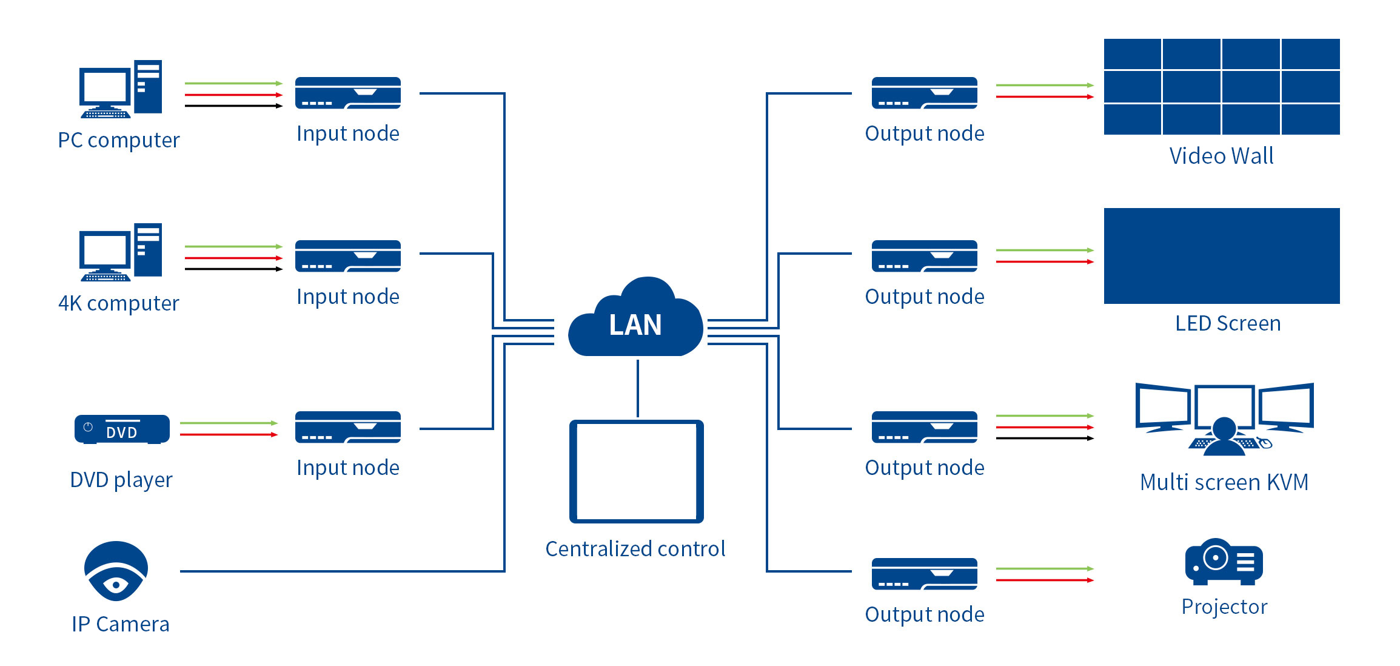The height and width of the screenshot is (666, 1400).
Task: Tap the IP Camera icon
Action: click(116, 571)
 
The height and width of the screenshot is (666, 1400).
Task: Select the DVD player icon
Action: click(122, 429)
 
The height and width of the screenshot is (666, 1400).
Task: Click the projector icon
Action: click(1224, 562)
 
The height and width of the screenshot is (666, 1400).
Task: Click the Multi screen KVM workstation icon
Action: click(1224, 419)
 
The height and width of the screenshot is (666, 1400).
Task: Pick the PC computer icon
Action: click(121, 89)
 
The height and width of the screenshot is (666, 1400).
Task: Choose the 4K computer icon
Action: click(121, 252)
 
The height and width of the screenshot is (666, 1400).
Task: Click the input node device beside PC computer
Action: click(348, 93)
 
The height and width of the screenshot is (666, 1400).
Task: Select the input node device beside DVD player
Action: click(348, 427)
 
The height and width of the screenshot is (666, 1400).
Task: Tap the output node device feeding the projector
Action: click(925, 574)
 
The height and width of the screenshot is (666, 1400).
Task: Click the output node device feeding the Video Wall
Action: click(925, 93)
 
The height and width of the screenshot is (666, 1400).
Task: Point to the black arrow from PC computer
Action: click(234, 106)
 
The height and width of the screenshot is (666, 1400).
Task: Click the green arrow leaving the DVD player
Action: click(229, 423)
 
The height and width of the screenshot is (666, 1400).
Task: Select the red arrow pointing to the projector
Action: click(1045, 580)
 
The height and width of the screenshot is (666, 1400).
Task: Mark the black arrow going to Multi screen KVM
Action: click(1045, 439)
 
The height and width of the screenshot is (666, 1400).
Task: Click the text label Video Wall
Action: click(1221, 156)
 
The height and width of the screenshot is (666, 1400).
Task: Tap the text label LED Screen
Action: click(1228, 323)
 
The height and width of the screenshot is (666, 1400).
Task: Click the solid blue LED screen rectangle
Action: click(1222, 256)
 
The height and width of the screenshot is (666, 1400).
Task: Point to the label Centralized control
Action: click(635, 549)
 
